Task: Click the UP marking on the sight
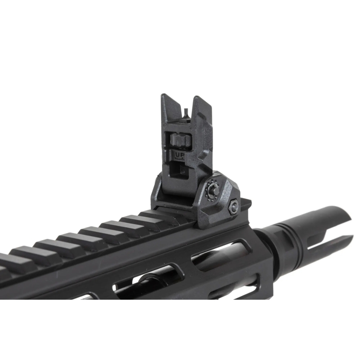tap(180, 155)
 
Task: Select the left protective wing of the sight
tap(171, 108)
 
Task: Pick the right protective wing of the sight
tap(202, 110)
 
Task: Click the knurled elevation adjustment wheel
tap(181, 140)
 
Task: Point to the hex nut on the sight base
tap(234, 207)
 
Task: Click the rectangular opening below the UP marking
tap(179, 170)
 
